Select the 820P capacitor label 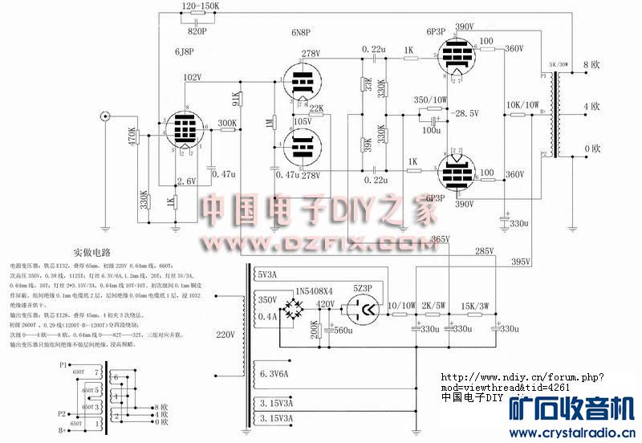pyautogui.click(x=197, y=31)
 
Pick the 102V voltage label pyautogui.click(x=193, y=77)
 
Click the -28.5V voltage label pyautogui.click(x=465, y=113)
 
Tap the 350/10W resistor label pyautogui.click(x=431, y=100)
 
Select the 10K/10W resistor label pyautogui.click(x=522, y=104)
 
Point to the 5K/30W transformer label pyautogui.click(x=559, y=63)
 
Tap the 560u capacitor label pyautogui.click(x=343, y=330)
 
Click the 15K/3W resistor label pyautogui.click(x=477, y=304)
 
